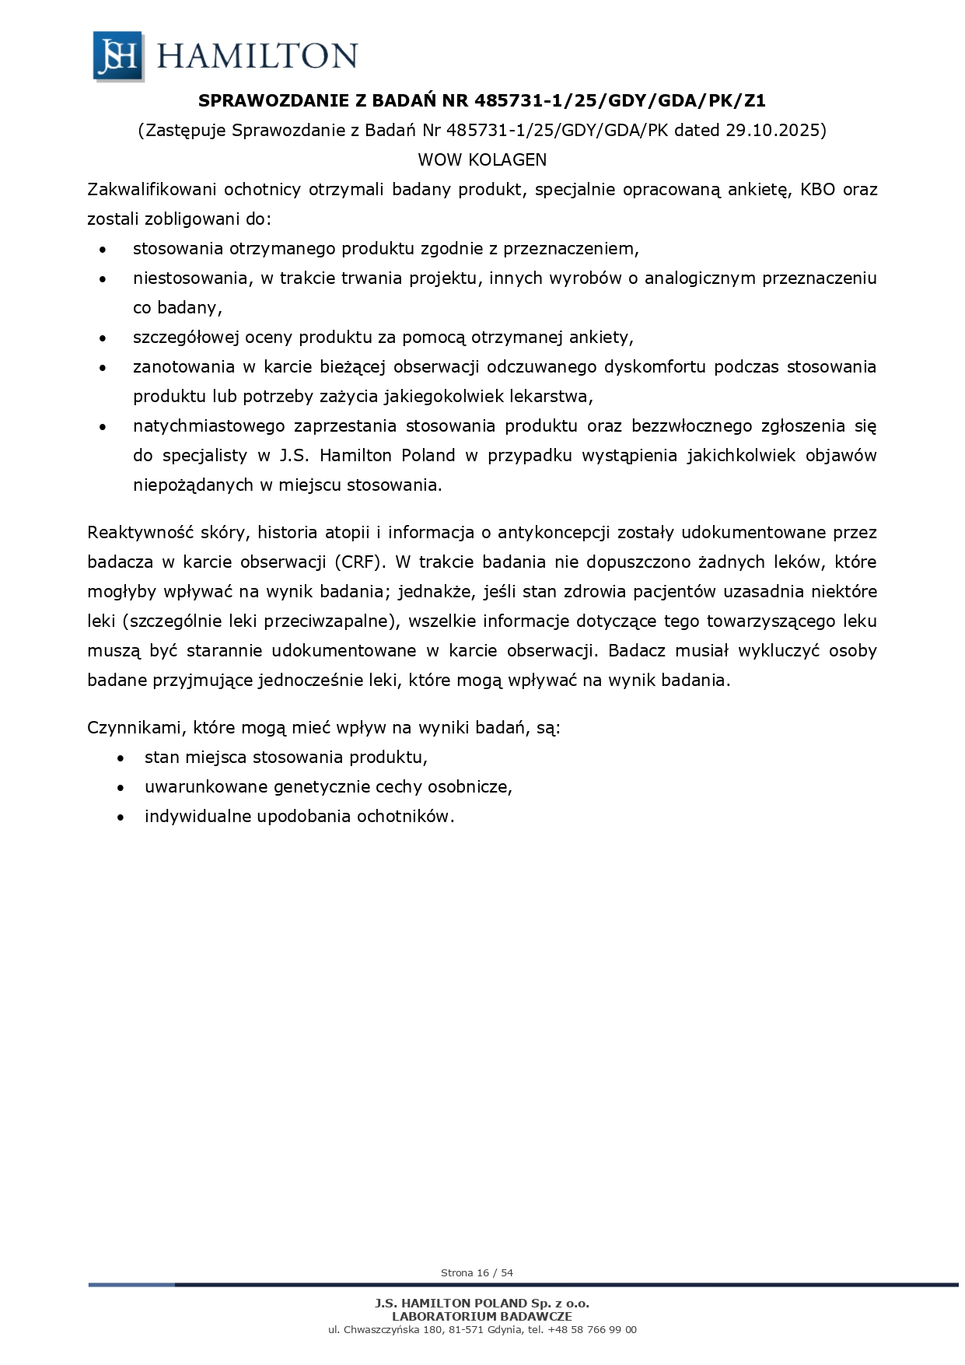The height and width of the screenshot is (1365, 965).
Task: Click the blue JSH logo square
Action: (x=118, y=55)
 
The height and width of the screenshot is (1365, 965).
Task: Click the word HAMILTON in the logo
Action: (x=257, y=56)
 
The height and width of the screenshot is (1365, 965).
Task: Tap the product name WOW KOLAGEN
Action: (x=482, y=159)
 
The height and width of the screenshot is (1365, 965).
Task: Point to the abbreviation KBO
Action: (x=816, y=190)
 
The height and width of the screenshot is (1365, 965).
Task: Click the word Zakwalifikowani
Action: (x=152, y=190)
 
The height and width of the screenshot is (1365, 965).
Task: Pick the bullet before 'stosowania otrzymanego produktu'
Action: (x=103, y=250)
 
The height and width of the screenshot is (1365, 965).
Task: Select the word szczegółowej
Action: (x=186, y=338)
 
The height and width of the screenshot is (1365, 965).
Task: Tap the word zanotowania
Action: (x=184, y=367)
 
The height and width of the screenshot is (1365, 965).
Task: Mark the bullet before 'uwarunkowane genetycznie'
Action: (x=121, y=788)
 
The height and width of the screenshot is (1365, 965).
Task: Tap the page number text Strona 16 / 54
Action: (x=477, y=1273)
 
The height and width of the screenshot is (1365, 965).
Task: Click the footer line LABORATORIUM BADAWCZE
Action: (x=482, y=1317)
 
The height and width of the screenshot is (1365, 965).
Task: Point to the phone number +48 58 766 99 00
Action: (x=592, y=1330)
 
